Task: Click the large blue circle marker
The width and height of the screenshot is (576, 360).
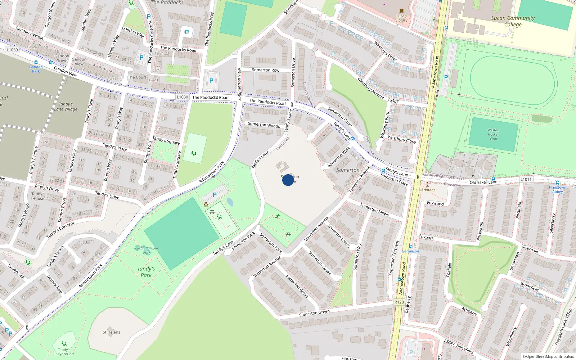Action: (x=288, y=180)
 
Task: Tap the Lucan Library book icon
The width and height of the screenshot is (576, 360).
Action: (x=401, y=11)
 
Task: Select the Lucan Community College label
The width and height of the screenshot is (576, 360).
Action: (x=513, y=21)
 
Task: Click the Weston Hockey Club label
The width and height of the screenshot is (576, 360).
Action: (x=493, y=134)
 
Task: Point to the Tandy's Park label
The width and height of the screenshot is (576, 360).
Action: (x=146, y=272)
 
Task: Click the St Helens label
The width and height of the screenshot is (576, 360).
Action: (x=111, y=332)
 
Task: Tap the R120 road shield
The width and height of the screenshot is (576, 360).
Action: (x=399, y=302)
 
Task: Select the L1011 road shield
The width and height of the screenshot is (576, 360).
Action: (x=526, y=179)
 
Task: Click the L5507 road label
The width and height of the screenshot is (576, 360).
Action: (x=393, y=101)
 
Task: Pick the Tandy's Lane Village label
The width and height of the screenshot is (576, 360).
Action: (x=66, y=107)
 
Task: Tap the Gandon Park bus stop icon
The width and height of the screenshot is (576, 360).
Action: (x=36, y=63)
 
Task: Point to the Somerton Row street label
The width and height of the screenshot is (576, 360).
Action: (x=265, y=70)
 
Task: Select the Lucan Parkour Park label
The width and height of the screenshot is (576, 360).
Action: (x=147, y=250)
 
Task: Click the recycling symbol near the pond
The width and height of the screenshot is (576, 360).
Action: (x=206, y=204)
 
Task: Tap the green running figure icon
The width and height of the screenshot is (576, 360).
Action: (x=278, y=216)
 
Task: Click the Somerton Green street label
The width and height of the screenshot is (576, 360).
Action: (x=314, y=313)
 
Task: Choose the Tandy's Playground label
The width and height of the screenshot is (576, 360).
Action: (x=64, y=352)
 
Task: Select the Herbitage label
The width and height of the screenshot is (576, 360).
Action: (x=427, y=190)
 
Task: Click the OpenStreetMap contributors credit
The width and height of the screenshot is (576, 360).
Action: (x=548, y=356)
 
